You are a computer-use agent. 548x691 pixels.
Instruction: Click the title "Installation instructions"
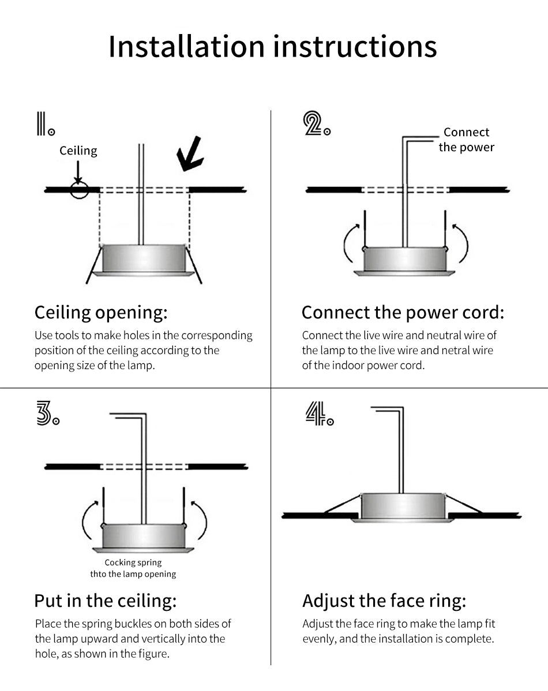tap(272, 47)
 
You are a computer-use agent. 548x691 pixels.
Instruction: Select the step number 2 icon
tap(317, 124)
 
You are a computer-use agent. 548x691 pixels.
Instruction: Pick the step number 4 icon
tap(319, 414)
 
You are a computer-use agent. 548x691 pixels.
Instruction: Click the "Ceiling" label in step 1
tap(78, 151)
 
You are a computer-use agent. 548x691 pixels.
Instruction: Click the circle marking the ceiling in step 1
tap(79, 190)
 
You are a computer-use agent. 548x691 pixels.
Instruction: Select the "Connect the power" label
tap(466, 140)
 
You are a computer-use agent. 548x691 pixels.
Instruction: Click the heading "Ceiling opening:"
tap(101, 313)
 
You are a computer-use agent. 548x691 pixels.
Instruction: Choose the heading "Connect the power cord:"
tap(403, 313)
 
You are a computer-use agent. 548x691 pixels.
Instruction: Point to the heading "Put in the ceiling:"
tap(105, 601)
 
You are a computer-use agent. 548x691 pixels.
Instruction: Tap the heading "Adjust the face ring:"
tap(384, 601)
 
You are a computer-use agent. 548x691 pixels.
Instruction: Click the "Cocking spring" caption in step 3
tap(133, 563)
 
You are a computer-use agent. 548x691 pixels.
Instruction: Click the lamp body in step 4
tap(401, 506)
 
